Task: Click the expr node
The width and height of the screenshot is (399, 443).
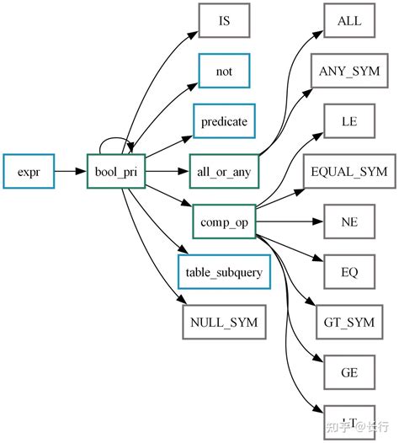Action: [29, 172]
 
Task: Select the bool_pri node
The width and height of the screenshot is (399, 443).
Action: [116, 172]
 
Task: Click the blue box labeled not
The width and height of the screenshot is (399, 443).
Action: [224, 72]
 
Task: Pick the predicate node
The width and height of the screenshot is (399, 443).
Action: [224, 121]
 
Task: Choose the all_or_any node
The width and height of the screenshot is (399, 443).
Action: [224, 172]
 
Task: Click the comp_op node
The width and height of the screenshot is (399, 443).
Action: [224, 221]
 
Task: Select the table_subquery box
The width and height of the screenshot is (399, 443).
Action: [224, 272]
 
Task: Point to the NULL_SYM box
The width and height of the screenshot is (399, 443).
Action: [224, 322]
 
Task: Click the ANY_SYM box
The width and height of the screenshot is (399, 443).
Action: [349, 72]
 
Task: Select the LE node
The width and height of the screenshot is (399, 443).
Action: [349, 121]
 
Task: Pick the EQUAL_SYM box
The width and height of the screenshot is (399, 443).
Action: [349, 172]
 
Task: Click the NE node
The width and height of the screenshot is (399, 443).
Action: [349, 221]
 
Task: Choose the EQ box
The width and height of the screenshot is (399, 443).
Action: [349, 272]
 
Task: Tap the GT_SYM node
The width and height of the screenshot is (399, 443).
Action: [349, 322]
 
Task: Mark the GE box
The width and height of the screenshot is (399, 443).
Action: [349, 371]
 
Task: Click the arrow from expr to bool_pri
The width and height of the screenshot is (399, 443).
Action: [71, 172]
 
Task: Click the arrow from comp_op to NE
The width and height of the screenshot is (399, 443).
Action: [290, 221]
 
